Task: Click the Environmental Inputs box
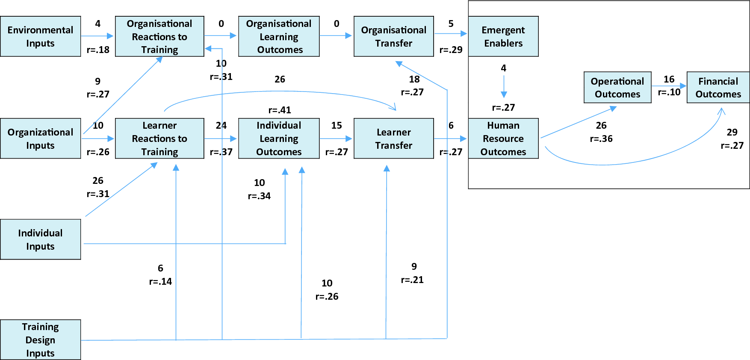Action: (x=40, y=36)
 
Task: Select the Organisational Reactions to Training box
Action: (x=159, y=36)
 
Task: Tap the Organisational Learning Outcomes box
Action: (x=279, y=36)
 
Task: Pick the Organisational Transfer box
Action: (x=393, y=36)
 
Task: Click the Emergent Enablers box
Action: (x=503, y=36)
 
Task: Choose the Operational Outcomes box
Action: (x=617, y=87)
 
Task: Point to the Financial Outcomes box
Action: (x=718, y=87)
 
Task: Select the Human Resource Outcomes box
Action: (x=503, y=139)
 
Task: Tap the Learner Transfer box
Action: (x=393, y=139)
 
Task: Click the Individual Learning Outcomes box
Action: (x=279, y=139)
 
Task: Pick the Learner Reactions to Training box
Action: (x=159, y=139)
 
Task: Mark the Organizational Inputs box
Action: (x=40, y=139)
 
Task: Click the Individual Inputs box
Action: (x=40, y=239)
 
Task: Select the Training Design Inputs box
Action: (x=40, y=340)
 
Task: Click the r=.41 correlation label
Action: (x=280, y=110)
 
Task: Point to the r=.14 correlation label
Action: (x=160, y=282)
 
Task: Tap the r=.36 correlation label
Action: (x=601, y=139)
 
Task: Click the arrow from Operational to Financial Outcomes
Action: (x=668, y=86)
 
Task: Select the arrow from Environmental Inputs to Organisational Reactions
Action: (x=97, y=36)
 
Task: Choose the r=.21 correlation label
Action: (x=412, y=280)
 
